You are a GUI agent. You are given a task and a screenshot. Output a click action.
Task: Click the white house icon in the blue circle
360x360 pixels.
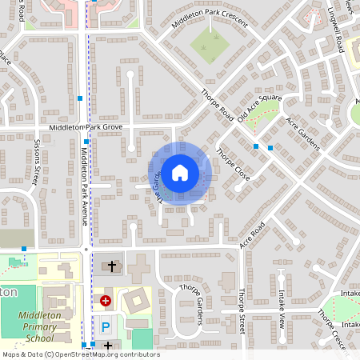coord(180,172)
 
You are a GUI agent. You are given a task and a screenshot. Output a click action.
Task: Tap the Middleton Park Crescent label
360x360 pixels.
coord(210,21)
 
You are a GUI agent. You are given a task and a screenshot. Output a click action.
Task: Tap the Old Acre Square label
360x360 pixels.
coord(260,108)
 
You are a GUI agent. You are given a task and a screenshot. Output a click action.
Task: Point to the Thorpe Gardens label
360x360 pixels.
coord(192,303)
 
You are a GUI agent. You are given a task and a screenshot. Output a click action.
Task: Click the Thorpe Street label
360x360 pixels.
coord(241,312)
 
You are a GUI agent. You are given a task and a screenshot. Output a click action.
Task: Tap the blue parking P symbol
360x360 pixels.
coord(106,326)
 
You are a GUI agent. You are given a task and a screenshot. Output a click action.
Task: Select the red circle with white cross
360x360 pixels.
coord(106,301)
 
